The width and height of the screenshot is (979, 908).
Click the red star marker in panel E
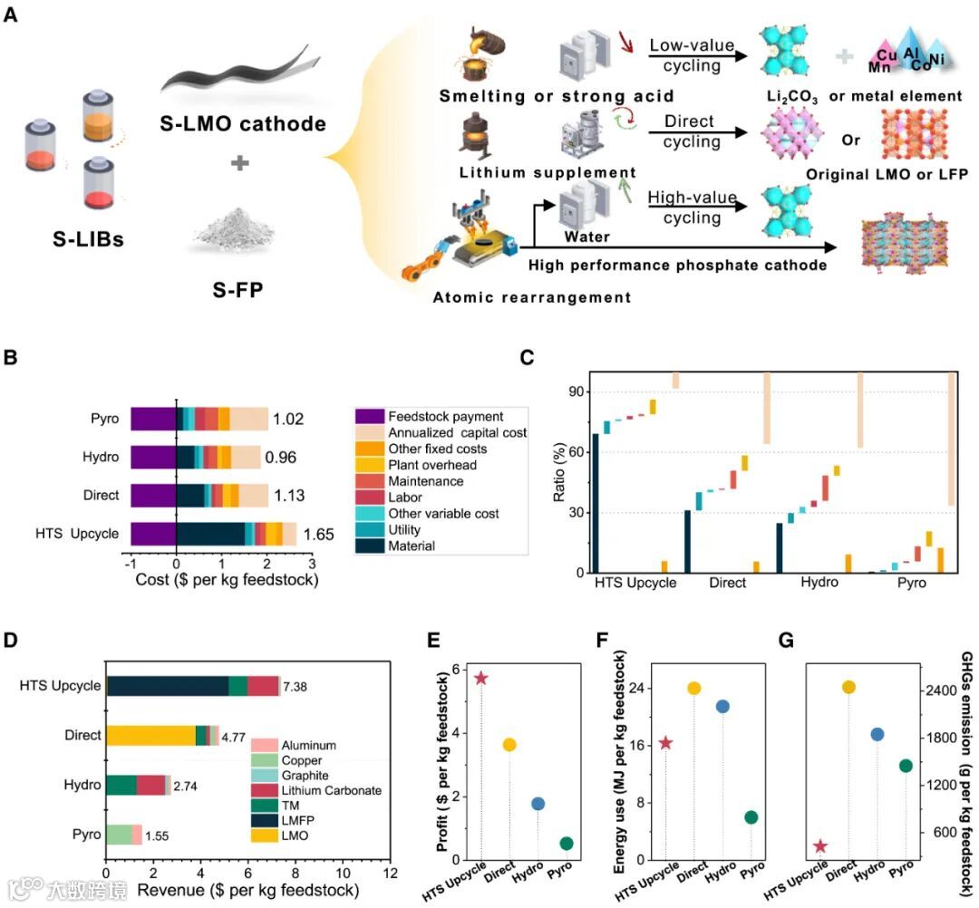[481, 678]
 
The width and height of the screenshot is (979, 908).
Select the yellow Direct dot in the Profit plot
[509, 744]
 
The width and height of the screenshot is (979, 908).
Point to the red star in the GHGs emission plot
[820, 845]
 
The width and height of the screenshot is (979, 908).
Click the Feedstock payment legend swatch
[367, 417]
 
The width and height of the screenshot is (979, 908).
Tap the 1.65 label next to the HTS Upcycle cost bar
[320, 535]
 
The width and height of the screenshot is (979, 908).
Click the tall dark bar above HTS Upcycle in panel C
[596, 503]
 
